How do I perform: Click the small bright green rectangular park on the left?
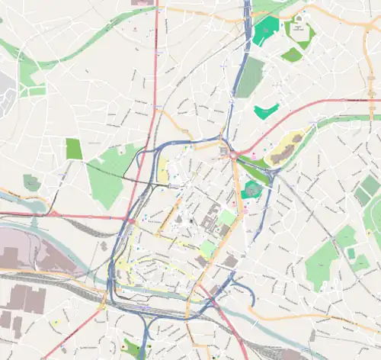point(74,149)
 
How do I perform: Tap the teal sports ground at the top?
point(266,30)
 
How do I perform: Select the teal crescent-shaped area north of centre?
point(266,111)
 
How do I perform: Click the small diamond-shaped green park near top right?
point(292,55)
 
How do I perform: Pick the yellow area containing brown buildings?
point(284,148)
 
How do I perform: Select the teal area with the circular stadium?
point(251,190)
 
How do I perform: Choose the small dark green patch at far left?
point(31,182)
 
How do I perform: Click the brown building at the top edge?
point(142,3)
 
